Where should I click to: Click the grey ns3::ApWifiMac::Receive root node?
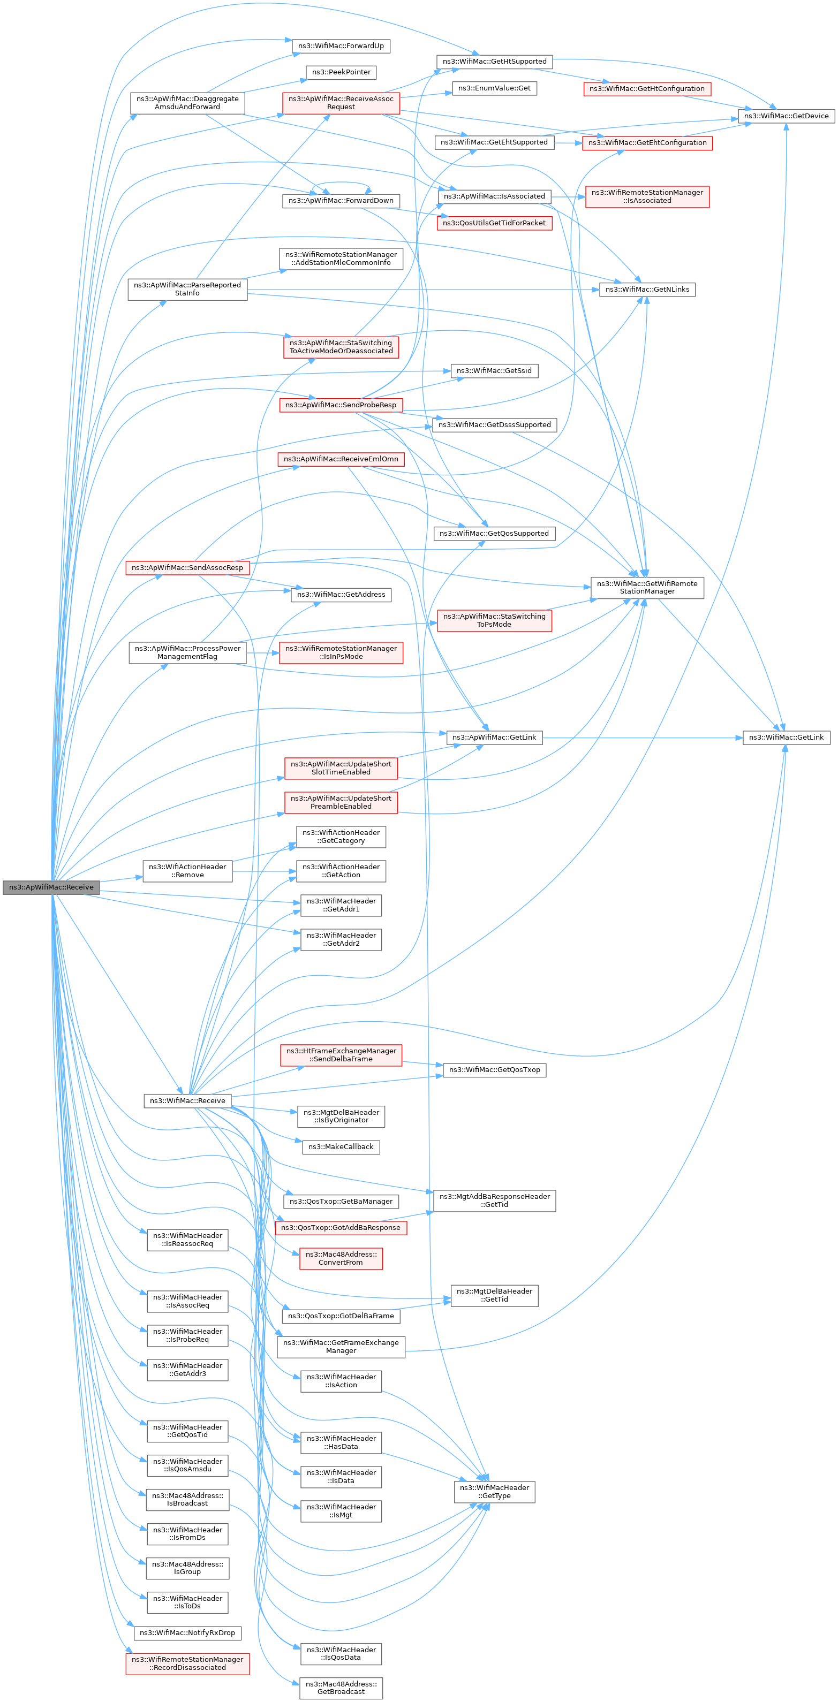51,887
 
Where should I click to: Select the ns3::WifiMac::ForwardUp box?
341,46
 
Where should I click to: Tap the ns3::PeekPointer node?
341,73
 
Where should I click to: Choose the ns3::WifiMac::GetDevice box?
786,116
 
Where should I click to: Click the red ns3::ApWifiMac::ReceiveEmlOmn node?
341,459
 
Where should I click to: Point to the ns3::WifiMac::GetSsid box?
494,371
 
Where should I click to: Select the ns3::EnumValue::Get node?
494,88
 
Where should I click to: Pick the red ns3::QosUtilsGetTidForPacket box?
494,223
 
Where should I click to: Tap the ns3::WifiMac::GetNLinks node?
647,290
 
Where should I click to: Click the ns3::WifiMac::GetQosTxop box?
494,1070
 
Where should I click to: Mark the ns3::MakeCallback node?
341,1147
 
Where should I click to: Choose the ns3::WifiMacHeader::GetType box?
494,1492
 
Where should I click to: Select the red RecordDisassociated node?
187,1663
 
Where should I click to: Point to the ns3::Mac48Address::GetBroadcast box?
341,1688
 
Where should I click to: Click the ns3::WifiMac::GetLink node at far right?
786,738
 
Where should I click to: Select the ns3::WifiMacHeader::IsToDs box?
187,1602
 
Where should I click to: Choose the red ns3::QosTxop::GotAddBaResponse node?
341,1228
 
